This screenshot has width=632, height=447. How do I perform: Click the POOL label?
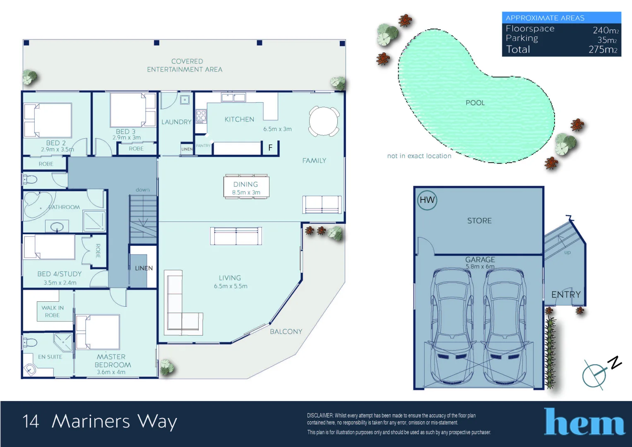click(x=475, y=103)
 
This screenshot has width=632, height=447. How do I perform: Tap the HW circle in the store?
click(x=427, y=200)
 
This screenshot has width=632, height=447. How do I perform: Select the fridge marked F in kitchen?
click(x=270, y=147)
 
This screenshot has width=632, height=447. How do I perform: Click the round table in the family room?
click(x=324, y=121)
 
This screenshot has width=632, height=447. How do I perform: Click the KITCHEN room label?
click(x=239, y=119)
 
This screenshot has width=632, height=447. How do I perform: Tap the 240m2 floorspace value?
click(x=606, y=30)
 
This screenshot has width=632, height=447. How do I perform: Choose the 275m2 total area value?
click(x=603, y=50)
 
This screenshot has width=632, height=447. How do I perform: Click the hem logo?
click(x=584, y=422)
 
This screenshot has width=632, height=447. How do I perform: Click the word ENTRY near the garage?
click(x=566, y=294)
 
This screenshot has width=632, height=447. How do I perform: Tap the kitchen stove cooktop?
click(x=201, y=116)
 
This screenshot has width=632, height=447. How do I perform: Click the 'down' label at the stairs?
click(x=142, y=190)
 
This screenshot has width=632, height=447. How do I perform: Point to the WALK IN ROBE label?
click(x=53, y=311)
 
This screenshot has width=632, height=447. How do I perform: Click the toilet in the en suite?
click(x=30, y=342)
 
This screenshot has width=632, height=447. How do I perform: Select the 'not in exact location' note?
click(x=419, y=156)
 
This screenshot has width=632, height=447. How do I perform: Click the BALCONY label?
click(x=286, y=332)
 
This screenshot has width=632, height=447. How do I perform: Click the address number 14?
click(x=31, y=421)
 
